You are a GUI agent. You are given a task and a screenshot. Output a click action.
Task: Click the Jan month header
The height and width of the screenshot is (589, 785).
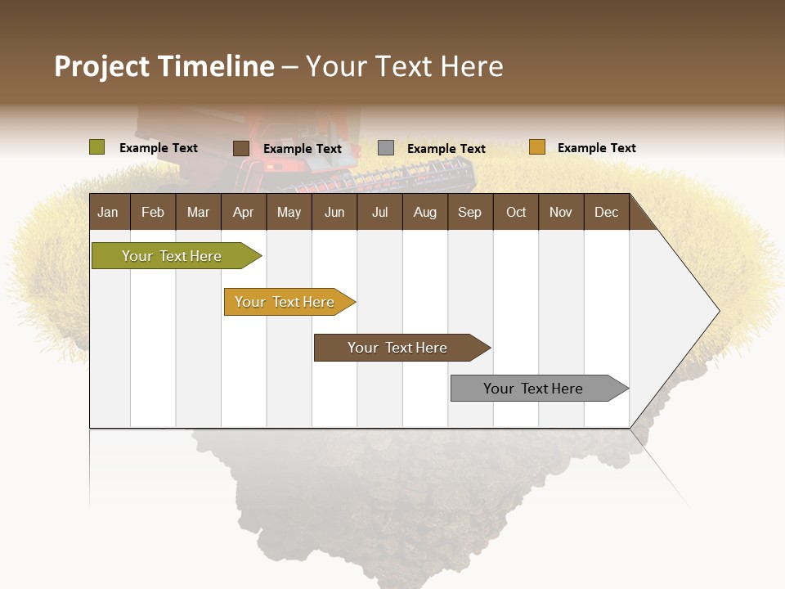tap(108, 212)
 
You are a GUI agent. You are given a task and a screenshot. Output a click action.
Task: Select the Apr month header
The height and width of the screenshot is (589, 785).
tap(243, 212)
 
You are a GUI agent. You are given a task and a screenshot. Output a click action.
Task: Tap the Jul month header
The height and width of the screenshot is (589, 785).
tap(379, 212)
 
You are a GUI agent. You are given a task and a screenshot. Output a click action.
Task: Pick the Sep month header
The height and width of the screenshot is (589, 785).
tap(469, 212)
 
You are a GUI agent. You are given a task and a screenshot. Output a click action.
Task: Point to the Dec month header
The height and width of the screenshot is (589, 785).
tap(606, 212)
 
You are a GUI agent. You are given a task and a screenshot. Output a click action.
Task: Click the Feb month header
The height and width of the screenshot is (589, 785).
tap(153, 212)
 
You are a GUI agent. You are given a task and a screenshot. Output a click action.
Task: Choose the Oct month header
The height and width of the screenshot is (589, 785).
tap(516, 212)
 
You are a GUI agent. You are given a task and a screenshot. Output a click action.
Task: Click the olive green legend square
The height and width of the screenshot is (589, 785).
tap(96, 147)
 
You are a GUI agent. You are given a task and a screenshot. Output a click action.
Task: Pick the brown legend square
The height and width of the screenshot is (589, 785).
tap(240, 148)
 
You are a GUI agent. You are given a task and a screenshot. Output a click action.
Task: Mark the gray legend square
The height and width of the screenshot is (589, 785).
tap(385, 148)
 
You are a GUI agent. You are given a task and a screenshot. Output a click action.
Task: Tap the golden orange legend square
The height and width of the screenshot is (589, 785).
tap(536, 147)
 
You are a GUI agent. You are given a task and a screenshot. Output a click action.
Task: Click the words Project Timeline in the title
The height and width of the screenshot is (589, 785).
tap(164, 66)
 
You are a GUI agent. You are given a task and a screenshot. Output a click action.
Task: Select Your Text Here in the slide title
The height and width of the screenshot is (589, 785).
tap(404, 66)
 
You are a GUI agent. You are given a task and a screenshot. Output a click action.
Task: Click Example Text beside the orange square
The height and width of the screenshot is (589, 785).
tap(596, 148)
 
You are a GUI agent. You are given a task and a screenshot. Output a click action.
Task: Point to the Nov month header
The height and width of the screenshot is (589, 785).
tap(561, 212)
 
